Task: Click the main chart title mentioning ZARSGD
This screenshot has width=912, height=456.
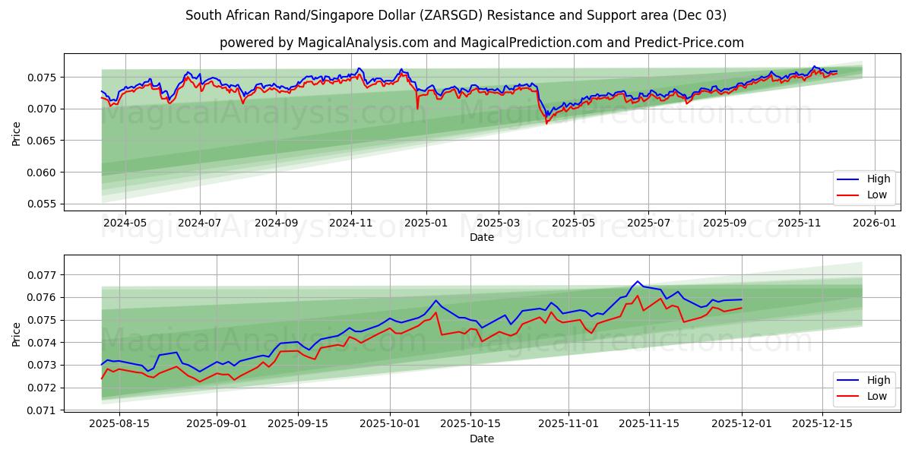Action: pos(456,15)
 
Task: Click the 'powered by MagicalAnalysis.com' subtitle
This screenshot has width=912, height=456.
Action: pos(482,43)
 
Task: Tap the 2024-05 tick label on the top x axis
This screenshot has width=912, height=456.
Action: pos(125,223)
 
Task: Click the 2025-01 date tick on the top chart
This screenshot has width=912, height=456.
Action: pos(426,223)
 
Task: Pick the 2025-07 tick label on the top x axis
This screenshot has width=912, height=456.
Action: pos(648,223)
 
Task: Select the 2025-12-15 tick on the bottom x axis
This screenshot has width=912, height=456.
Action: pos(822,424)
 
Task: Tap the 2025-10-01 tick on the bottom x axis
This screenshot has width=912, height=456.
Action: pos(390,424)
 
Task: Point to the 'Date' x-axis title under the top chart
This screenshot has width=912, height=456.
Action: pos(482,237)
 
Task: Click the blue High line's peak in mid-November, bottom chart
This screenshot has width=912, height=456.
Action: pos(638,281)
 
